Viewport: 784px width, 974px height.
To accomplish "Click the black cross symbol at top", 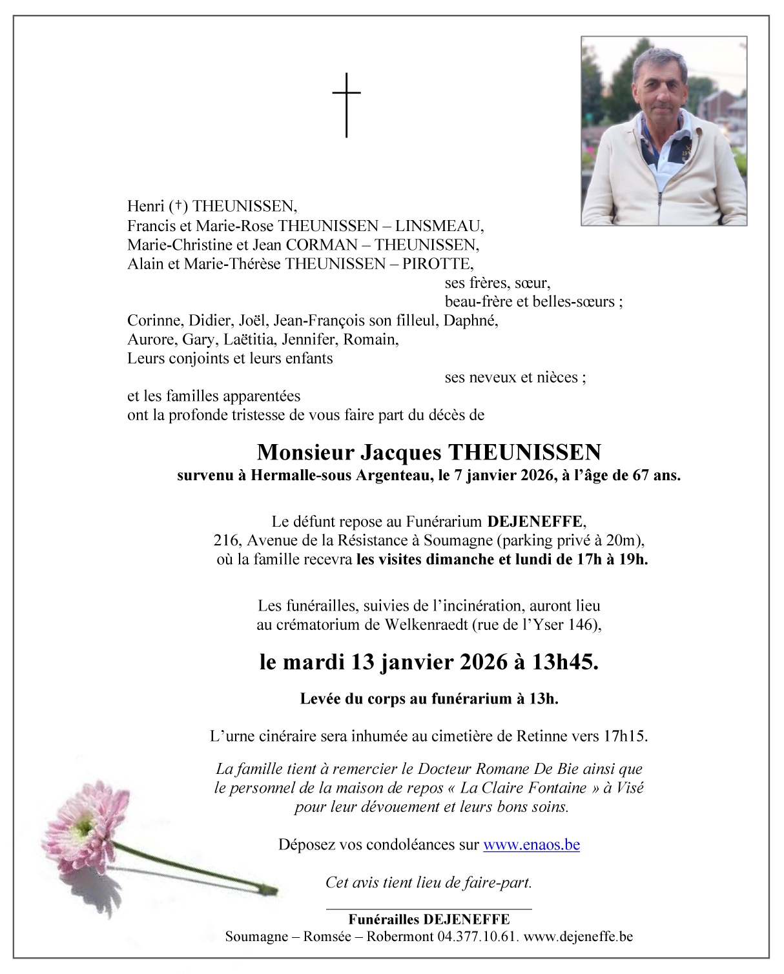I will [347, 105].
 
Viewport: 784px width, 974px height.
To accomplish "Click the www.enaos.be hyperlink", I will [531, 844].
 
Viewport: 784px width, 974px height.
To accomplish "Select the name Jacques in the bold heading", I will [400, 452].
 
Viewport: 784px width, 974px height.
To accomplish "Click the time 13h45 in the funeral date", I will [564, 662].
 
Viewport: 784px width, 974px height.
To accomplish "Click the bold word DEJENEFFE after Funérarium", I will [535, 522].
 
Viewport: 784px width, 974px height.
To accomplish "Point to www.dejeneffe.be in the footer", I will [578, 936].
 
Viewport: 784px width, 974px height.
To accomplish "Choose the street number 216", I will [225, 540].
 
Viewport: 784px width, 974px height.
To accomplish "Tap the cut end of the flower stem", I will [272, 891].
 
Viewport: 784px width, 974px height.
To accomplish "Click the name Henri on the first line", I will [146, 207].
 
